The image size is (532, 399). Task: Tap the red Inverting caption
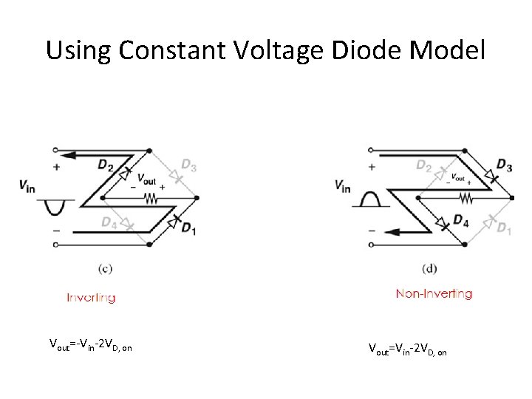pos(91,298)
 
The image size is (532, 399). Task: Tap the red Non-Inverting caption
pos(434,293)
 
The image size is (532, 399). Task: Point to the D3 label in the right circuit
pos(505,163)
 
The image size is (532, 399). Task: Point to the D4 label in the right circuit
pos(461,219)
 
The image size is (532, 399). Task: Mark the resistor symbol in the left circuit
pos(150,199)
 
